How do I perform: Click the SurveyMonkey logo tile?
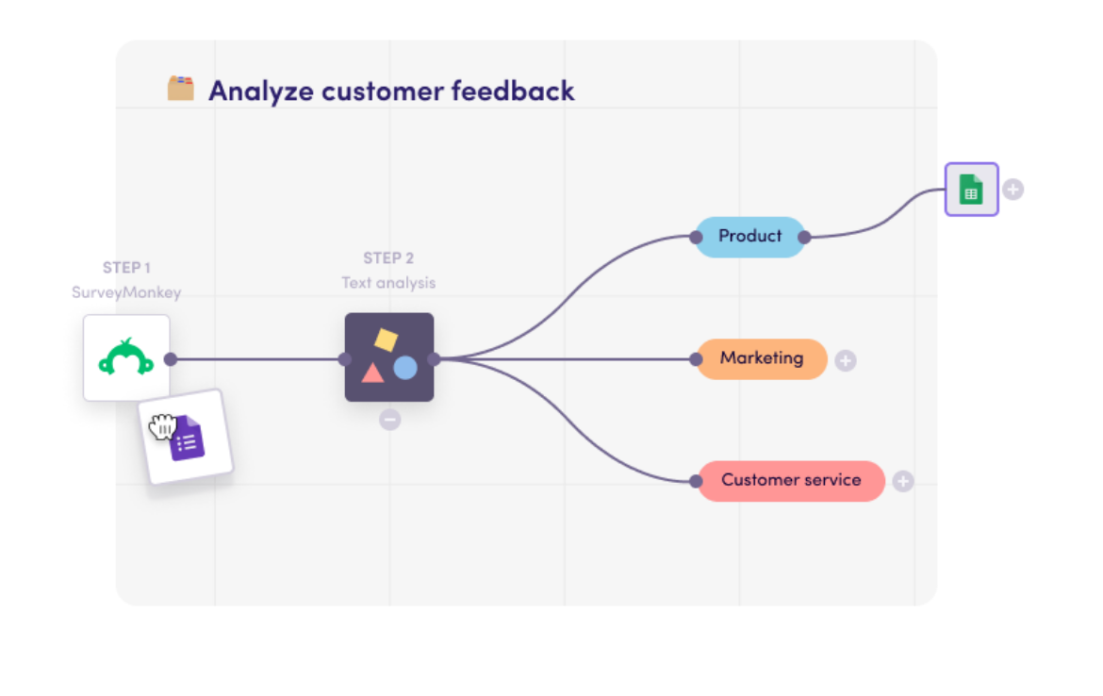(126, 358)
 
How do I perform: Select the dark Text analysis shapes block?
(388, 357)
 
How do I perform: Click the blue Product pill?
(750, 237)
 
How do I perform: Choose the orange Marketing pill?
(762, 359)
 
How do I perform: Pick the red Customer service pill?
(791, 481)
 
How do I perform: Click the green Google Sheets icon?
(971, 190)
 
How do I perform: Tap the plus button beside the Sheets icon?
(1012, 190)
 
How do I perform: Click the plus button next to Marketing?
(846, 360)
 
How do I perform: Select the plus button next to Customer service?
(903, 482)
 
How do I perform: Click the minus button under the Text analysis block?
(389, 420)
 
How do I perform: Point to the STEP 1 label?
(126, 268)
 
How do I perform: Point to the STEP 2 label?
(388, 258)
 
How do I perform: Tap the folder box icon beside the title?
(181, 89)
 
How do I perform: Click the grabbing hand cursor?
(163, 426)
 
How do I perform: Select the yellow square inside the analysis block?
(385, 340)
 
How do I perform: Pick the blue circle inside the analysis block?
(405, 368)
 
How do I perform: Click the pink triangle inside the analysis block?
(372, 373)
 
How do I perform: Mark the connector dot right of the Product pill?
(804, 238)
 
